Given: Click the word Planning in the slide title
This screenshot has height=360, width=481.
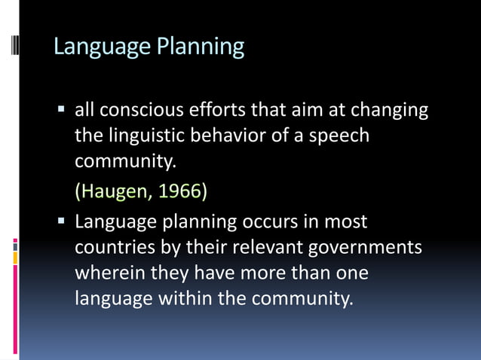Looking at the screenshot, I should pos(200,47).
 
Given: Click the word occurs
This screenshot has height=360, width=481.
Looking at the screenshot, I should pos(269,222).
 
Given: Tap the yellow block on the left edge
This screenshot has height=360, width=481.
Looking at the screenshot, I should pos(15,258).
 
